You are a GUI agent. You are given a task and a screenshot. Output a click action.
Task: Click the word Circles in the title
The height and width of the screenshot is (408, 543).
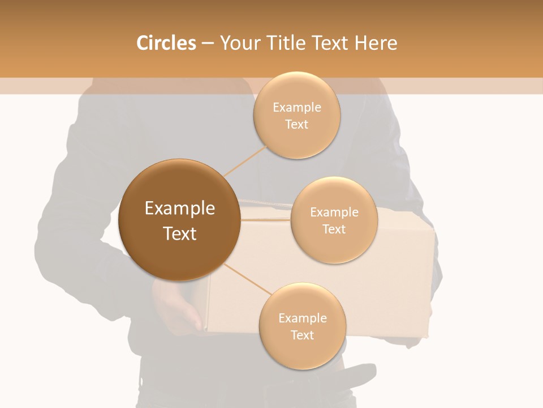(166, 43)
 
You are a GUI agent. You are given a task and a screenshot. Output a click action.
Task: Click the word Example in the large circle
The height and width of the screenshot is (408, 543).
(180, 209)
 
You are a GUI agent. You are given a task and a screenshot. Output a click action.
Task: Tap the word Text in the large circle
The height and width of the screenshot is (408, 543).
(180, 233)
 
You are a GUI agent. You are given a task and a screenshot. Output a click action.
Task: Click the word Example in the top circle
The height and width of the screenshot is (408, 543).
(297, 108)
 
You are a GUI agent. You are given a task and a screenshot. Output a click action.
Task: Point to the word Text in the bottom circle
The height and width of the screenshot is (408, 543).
(302, 335)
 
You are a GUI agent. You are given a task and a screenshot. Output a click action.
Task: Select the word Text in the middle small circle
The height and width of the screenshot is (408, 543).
(334, 229)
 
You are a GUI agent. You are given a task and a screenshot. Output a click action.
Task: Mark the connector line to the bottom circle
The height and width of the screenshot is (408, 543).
(248, 279)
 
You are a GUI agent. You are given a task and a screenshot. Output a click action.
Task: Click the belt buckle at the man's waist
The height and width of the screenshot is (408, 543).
(356, 374)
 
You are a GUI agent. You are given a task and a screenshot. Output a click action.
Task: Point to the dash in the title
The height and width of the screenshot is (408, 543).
(208, 43)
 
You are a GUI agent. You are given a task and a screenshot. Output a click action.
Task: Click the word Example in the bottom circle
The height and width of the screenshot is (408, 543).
(302, 318)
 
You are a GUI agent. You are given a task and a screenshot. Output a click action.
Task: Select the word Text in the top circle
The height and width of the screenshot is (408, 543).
(297, 125)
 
